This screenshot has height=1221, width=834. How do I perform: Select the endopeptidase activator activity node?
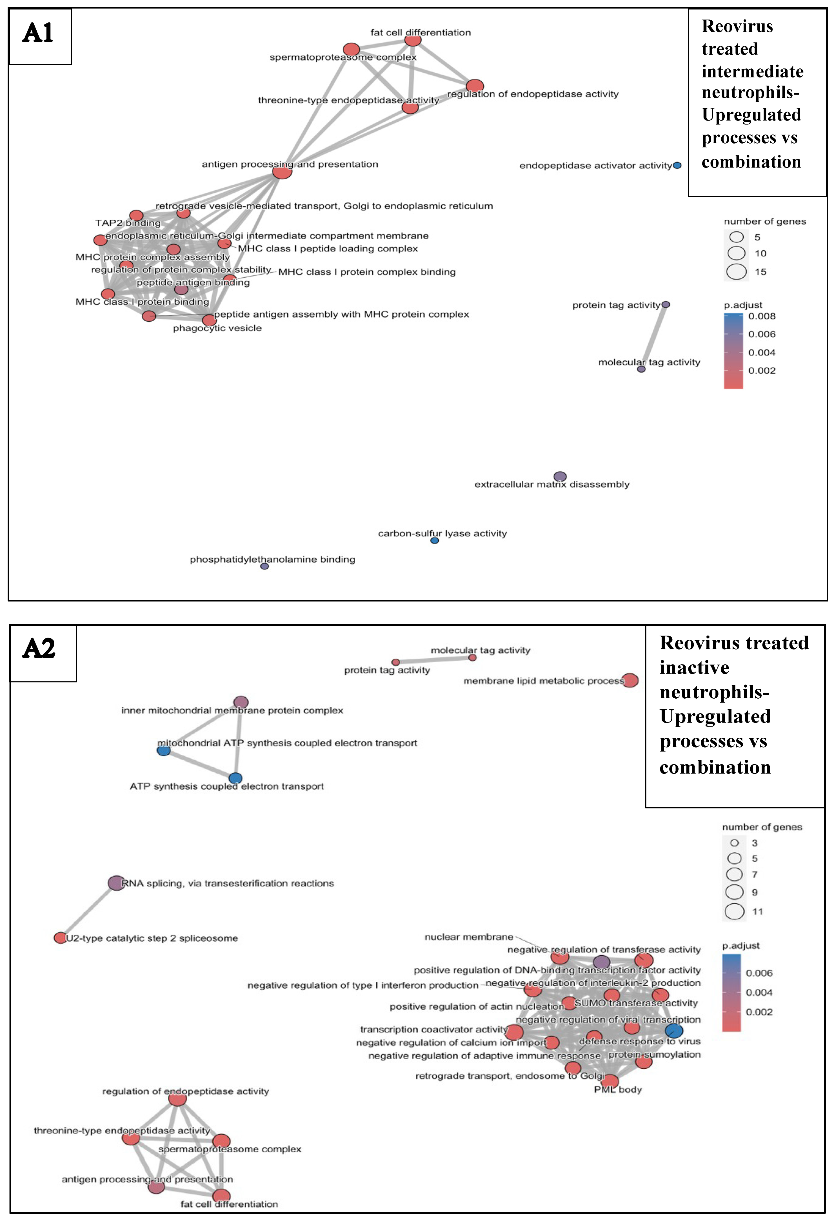[x=677, y=166]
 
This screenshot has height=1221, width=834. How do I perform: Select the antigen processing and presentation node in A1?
[x=282, y=171]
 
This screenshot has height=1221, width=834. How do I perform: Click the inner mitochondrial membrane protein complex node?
[x=241, y=702]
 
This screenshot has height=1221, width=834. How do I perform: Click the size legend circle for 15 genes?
[x=736, y=272]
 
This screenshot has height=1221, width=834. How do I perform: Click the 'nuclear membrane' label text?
[x=469, y=937]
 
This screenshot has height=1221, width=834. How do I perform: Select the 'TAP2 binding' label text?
[x=128, y=223]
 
